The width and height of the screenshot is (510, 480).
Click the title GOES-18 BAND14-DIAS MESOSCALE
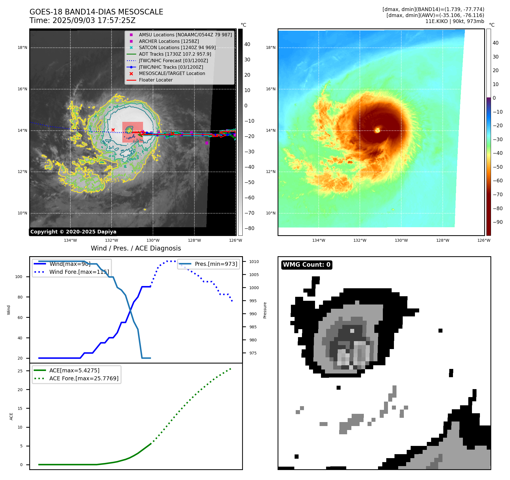(x=96, y=12)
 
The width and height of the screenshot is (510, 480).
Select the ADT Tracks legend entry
(x=175, y=54)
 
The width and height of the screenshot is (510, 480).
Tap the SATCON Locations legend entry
(x=177, y=47)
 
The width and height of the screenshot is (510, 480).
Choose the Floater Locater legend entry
(x=156, y=80)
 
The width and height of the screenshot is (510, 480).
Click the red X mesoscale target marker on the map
(x=113, y=130)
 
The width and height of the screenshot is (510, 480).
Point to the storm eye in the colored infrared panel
(x=377, y=130)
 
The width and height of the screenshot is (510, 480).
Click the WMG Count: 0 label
(x=307, y=265)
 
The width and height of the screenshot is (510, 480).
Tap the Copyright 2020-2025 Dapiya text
(x=73, y=232)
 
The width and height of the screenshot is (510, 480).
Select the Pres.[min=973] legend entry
(x=216, y=264)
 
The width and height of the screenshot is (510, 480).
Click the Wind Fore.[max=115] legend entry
(x=79, y=272)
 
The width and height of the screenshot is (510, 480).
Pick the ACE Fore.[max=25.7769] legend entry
(x=84, y=378)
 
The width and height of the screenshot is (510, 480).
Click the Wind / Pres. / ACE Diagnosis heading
(x=136, y=248)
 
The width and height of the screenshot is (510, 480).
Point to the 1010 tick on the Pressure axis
(x=254, y=262)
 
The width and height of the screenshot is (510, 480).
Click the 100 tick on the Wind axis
(x=19, y=277)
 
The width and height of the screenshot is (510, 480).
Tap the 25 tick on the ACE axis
(x=20, y=371)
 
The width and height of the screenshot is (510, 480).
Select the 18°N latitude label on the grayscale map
(x=22, y=47)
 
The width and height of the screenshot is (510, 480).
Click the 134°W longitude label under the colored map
(x=319, y=240)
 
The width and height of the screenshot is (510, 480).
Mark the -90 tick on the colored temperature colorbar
(x=498, y=222)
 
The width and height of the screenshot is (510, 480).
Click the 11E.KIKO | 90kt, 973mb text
(x=455, y=21)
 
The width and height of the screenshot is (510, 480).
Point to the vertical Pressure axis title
(x=265, y=310)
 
